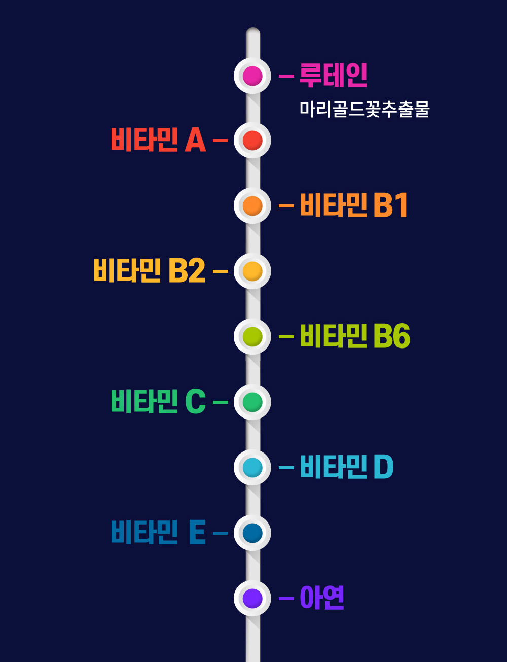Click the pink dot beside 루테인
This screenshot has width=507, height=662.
[x=252, y=76]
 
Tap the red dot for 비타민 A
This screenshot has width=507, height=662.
[x=252, y=140]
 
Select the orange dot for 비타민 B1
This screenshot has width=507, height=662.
[x=252, y=205]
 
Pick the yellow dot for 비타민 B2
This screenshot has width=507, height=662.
[x=252, y=271]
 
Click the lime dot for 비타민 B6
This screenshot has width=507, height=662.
[x=252, y=336]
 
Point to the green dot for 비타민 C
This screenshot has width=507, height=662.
[x=252, y=402]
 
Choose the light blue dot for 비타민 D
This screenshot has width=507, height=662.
[x=252, y=467]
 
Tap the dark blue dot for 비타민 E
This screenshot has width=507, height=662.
[x=252, y=533]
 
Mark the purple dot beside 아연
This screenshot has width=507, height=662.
[x=252, y=598]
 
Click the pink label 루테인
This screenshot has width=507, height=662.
[x=333, y=76]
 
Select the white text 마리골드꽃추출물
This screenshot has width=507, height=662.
[x=365, y=109]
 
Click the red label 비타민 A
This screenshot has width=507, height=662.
[x=158, y=140]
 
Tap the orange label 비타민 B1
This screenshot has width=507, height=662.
[x=354, y=205]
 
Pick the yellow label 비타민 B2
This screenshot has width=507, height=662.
[x=150, y=271]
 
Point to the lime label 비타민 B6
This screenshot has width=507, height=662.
[x=355, y=336]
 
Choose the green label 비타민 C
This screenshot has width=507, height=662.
[x=158, y=402]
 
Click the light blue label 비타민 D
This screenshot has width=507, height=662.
[x=347, y=467]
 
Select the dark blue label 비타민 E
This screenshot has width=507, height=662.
[x=158, y=533]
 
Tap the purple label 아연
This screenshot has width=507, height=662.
[x=322, y=598]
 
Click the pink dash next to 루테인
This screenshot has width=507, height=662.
[x=286, y=76]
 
